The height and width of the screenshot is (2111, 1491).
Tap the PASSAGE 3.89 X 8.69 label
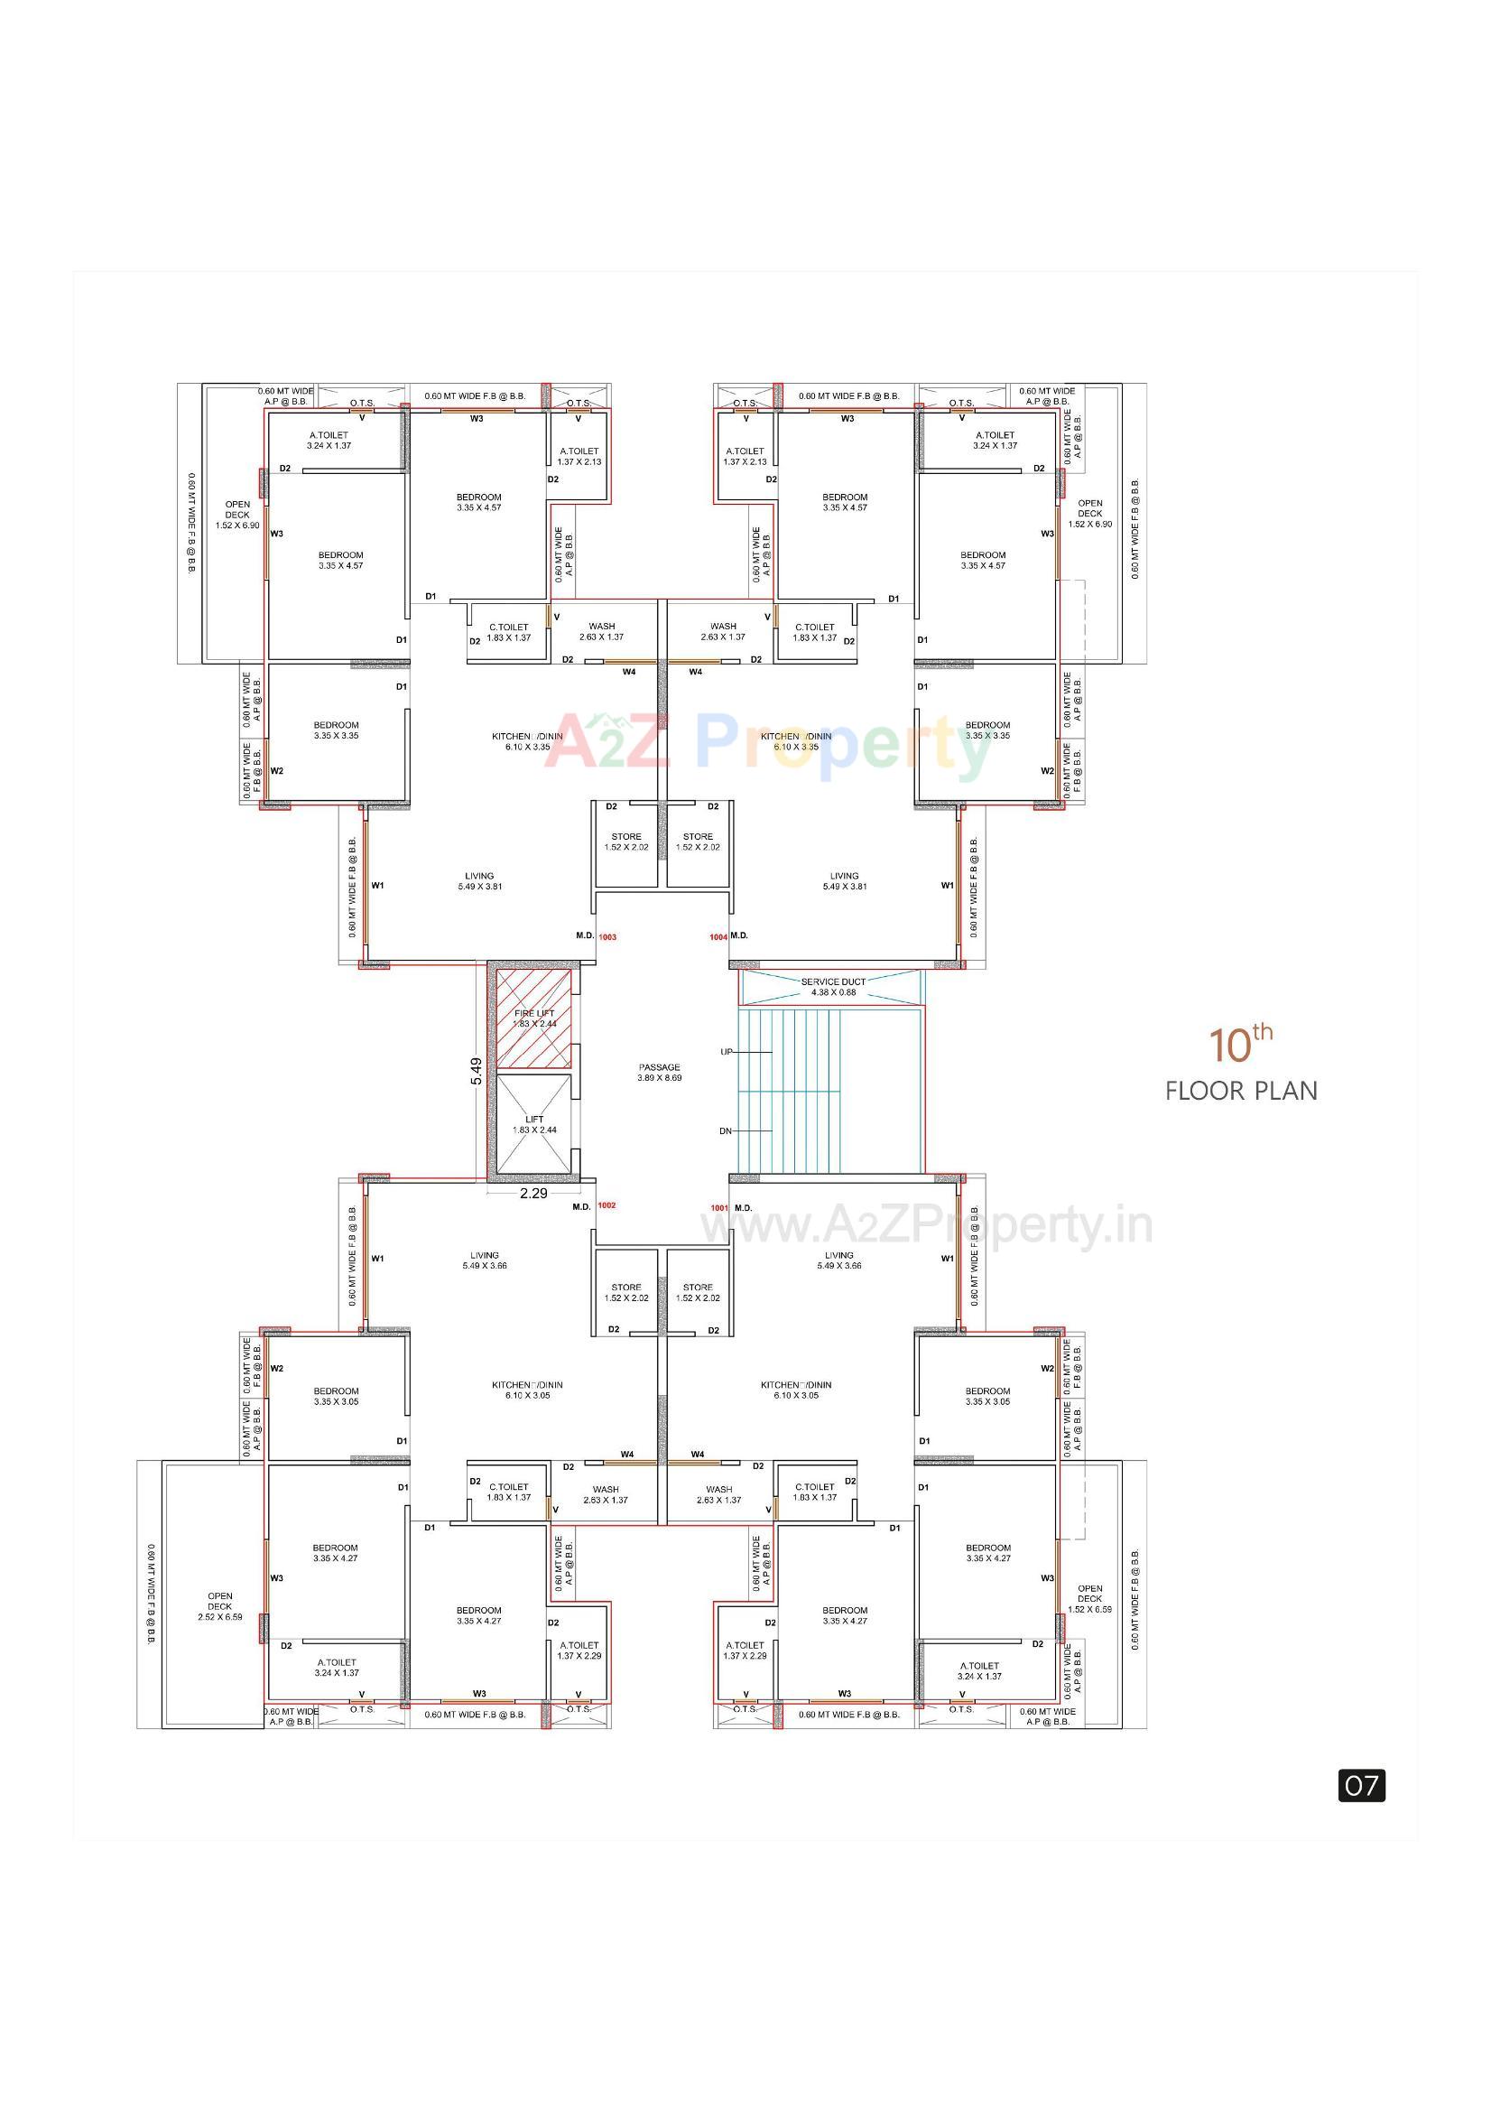point(659,1072)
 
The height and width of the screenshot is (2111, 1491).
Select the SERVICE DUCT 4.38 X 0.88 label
point(833,987)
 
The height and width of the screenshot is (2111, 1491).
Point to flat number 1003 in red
point(607,937)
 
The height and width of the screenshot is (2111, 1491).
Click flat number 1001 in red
point(718,1208)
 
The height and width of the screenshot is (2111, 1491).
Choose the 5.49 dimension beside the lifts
point(477,1071)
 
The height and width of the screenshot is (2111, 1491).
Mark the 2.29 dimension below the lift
point(533,1194)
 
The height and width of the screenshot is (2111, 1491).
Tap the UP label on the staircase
point(727,1052)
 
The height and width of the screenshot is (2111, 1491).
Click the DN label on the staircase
point(726,1130)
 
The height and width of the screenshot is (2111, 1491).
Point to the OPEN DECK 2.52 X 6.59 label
point(219,1606)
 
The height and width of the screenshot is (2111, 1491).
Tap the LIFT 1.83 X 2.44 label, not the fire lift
point(534,1124)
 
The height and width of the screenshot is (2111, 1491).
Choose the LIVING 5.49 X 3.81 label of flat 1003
point(479,881)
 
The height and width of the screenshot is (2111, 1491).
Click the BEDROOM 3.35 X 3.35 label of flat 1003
point(336,730)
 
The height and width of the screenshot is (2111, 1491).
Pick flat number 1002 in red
point(607,1205)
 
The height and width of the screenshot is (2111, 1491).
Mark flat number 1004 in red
point(718,937)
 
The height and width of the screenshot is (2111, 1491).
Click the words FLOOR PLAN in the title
point(1241,1092)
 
